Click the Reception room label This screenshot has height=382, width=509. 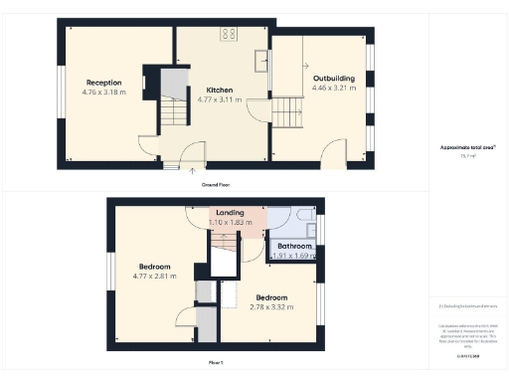103,82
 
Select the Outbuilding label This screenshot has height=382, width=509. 334,78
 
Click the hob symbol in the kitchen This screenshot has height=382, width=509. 229,33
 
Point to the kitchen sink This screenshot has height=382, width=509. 260,58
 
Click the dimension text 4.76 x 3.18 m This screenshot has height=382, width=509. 103,93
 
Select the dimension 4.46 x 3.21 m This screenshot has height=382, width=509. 334,88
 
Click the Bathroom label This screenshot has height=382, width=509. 295,246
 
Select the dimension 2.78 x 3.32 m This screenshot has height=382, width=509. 271,307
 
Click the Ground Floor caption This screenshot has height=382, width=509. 216,185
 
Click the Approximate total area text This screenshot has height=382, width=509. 467,147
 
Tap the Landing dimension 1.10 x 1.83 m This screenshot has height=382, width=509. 236,223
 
